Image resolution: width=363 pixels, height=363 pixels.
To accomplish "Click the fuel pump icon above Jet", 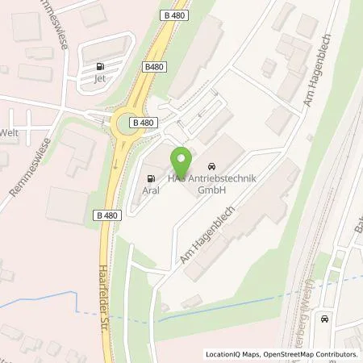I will point(99,66).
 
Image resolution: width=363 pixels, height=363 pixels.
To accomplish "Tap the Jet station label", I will point(99,78).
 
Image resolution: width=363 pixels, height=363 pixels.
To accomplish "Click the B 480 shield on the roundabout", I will point(143,122).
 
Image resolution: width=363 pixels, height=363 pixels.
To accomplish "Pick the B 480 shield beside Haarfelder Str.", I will point(107,215).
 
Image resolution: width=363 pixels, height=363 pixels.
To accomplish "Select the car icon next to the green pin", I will point(211,161).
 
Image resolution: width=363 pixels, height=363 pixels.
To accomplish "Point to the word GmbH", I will point(211,190).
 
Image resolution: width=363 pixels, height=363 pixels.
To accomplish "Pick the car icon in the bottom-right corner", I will point(325,319).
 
